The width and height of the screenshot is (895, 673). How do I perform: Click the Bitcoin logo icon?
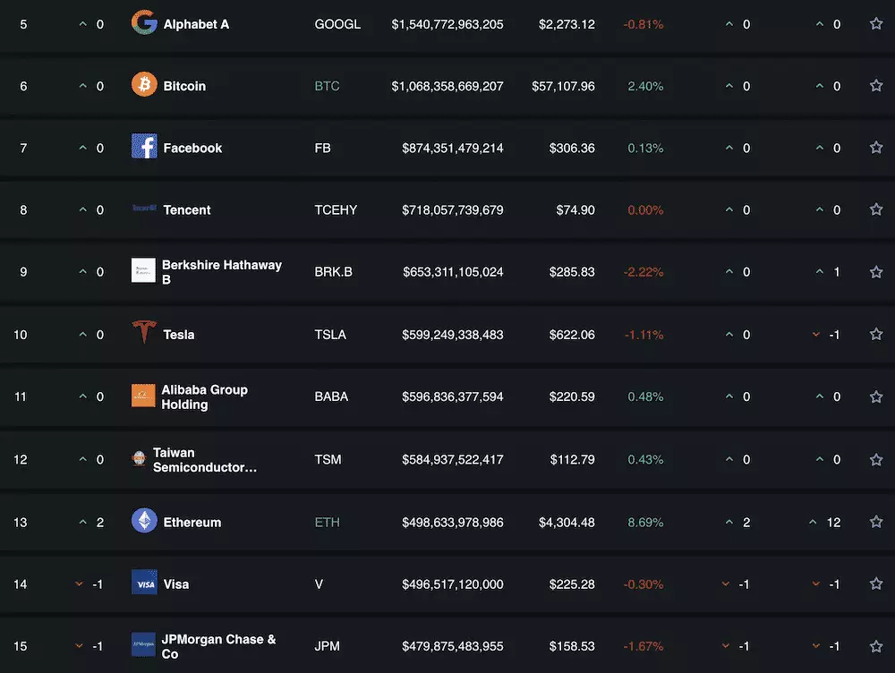pyautogui.click(x=144, y=86)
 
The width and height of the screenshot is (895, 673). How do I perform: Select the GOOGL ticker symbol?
pyautogui.click(x=337, y=24)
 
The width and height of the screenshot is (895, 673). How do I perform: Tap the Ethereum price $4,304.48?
pyautogui.click(x=566, y=522)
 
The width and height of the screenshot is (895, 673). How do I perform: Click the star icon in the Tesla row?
pyautogui.click(x=876, y=335)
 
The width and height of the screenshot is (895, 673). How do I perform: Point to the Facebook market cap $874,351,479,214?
pyautogui.click(x=453, y=148)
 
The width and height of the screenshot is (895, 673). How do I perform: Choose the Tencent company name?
pyautogui.click(x=187, y=209)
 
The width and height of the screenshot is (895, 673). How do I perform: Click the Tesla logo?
pyautogui.click(x=143, y=333)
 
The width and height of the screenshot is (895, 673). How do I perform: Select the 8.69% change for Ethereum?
pyautogui.click(x=645, y=522)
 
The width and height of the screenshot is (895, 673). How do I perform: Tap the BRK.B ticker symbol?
pyautogui.click(x=334, y=271)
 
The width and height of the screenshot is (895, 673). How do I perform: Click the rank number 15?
pyautogui.click(x=21, y=646)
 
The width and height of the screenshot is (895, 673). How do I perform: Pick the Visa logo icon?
pyautogui.click(x=144, y=584)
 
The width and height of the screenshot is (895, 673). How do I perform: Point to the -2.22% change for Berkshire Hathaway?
pyautogui.click(x=644, y=271)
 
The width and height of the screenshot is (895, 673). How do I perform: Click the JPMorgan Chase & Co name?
pyautogui.click(x=218, y=646)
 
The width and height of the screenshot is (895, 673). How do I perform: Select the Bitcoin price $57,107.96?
pyautogui.click(x=561, y=86)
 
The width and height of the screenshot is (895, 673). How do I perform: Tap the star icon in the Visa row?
pyautogui.click(x=876, y=584)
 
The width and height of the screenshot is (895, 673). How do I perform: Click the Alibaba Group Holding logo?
pyautogui.click(x=143, y=396)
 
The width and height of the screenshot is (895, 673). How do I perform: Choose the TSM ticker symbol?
pyautogui.click(x=328, y=459)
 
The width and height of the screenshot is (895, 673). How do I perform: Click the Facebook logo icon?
pyautogui.click(x=144, y=147)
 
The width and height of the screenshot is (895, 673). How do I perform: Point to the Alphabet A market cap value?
pyautogui.click(x=447, y=24)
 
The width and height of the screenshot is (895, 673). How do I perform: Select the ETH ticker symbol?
pyautogui.click(x=328, y=522)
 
